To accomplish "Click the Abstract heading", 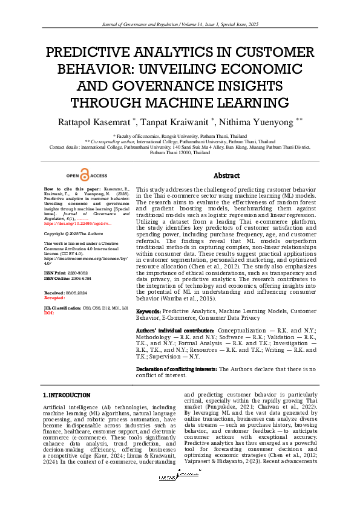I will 227,175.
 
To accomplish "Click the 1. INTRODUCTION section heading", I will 66,394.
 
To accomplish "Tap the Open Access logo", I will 87,175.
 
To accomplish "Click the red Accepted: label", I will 54,298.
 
